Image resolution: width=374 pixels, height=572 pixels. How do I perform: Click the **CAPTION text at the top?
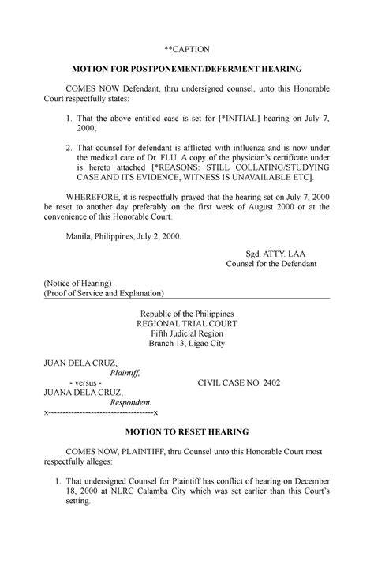coord(187,49)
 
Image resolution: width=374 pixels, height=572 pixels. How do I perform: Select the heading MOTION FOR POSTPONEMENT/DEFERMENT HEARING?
coord(187,70)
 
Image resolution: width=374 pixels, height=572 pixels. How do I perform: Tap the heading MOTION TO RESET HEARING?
coord(187,432)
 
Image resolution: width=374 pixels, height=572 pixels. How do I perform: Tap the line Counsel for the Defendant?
coord(271,263)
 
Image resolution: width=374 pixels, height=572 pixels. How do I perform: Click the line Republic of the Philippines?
coord(187,314)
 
